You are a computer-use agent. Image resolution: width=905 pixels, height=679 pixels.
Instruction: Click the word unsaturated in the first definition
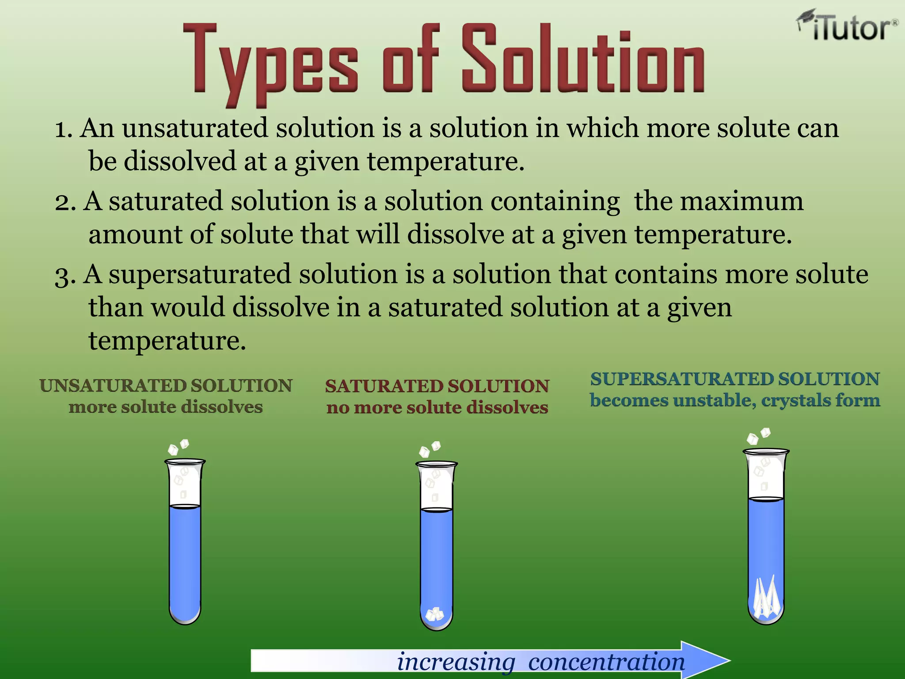click(x=195, y=128)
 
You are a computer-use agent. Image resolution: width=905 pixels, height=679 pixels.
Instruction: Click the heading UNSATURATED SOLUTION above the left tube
click(x=166, y=385)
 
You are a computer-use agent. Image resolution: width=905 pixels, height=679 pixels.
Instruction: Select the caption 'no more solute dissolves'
click(x=437, y=407)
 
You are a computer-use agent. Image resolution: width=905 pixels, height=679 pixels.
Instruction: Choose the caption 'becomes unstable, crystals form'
click(x=735, y=401)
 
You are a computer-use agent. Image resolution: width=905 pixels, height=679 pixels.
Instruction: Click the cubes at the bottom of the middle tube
click(x=434, y=614)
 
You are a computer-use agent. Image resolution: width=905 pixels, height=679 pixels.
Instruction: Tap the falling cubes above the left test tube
click(x=179, y=447)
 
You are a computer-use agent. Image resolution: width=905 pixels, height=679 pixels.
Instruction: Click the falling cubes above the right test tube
click(x=758, y=435)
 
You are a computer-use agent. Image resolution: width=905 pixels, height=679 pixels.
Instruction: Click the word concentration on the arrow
click(x=606, y=662)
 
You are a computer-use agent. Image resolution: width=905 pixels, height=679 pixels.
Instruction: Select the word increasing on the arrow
click(x=456, y=662)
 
